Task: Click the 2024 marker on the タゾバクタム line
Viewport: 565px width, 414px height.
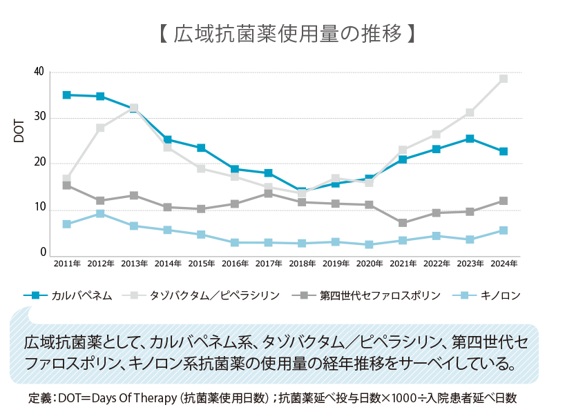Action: click(504, 79)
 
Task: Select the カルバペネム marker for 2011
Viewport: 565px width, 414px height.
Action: click(67, 95)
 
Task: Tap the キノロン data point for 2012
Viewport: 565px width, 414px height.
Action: click(101, 214)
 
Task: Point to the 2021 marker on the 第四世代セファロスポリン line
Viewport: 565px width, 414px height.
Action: click(403, 223)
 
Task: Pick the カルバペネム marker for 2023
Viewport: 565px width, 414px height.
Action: click(470, 139)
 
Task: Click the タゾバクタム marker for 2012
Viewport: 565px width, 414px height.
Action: click(101, 128)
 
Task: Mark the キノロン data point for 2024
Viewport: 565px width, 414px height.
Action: click(504, 230)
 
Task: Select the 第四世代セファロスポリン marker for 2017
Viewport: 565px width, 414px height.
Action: click(269, 194)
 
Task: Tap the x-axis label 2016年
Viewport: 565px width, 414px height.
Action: click(235, 263)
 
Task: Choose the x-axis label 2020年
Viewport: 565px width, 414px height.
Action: click(369, 263)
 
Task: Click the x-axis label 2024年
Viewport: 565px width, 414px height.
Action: click(504, 263)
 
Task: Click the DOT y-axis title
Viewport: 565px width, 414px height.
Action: click(19, 130)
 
